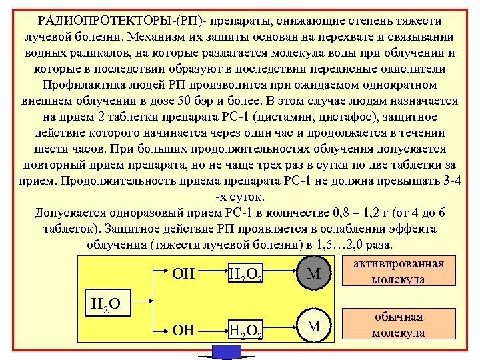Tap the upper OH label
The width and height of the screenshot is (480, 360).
tap(183, 273)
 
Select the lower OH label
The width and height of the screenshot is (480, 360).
tap(183, 330)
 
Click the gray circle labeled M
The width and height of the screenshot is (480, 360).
tap(313, 273)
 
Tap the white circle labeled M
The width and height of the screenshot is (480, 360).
tap(313, 326)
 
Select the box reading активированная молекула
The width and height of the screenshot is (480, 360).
tap(398, 271)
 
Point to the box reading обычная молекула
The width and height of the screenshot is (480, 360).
tap(398, 325)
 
